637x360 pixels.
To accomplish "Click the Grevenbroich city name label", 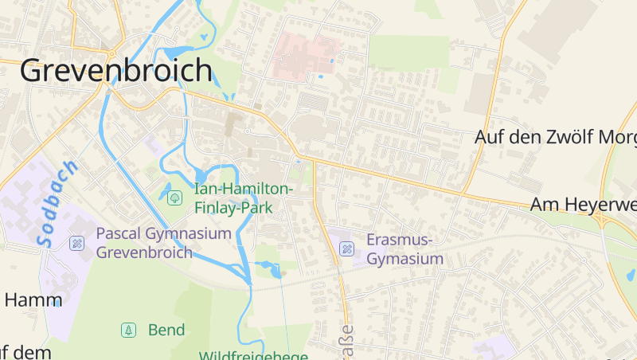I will pyautogui.click(x=116, y=71).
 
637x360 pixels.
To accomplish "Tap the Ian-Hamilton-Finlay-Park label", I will pyautogui.click(x=244, y=198).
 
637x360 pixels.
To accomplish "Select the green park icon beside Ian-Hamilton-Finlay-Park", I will pyautogui.click(x=174, y=197).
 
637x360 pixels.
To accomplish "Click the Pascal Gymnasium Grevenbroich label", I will pyautogui.click(x=163, y=243).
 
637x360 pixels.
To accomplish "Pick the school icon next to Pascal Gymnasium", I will pyautogui.click(x=76, y=242).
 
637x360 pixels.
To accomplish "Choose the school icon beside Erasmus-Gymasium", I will pyautogui.click(x=346, y=248).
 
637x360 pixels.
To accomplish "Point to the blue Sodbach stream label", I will pyautogui.click(x=57, y=203).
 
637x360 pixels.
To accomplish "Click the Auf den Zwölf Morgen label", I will pyautogui.click(x=556, y=137).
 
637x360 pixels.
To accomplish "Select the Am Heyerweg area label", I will pyautogui.click(x=584, y=205).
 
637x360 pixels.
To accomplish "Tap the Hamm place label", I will pyautogui.click(x=33, y=300).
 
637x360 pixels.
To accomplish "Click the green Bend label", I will pyautogui.click(x=166, y=330).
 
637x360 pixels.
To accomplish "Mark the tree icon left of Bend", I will pyautogui.click(x=127, y=330).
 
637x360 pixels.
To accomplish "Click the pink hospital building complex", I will pyautogui.click(x=303, y=55).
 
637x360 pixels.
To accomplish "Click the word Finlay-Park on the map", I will pyautogui.click(x=233, y=208).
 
